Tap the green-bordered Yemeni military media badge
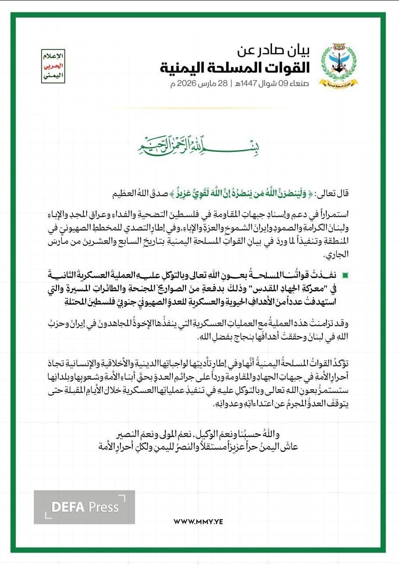click(52, 67)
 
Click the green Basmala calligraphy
click(198, 149)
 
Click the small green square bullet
click(345, 275)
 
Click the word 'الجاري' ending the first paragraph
click(336, 255)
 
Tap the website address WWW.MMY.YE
click(198, 521)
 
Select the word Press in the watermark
click(104, 507)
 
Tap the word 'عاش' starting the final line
click(291, 446)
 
